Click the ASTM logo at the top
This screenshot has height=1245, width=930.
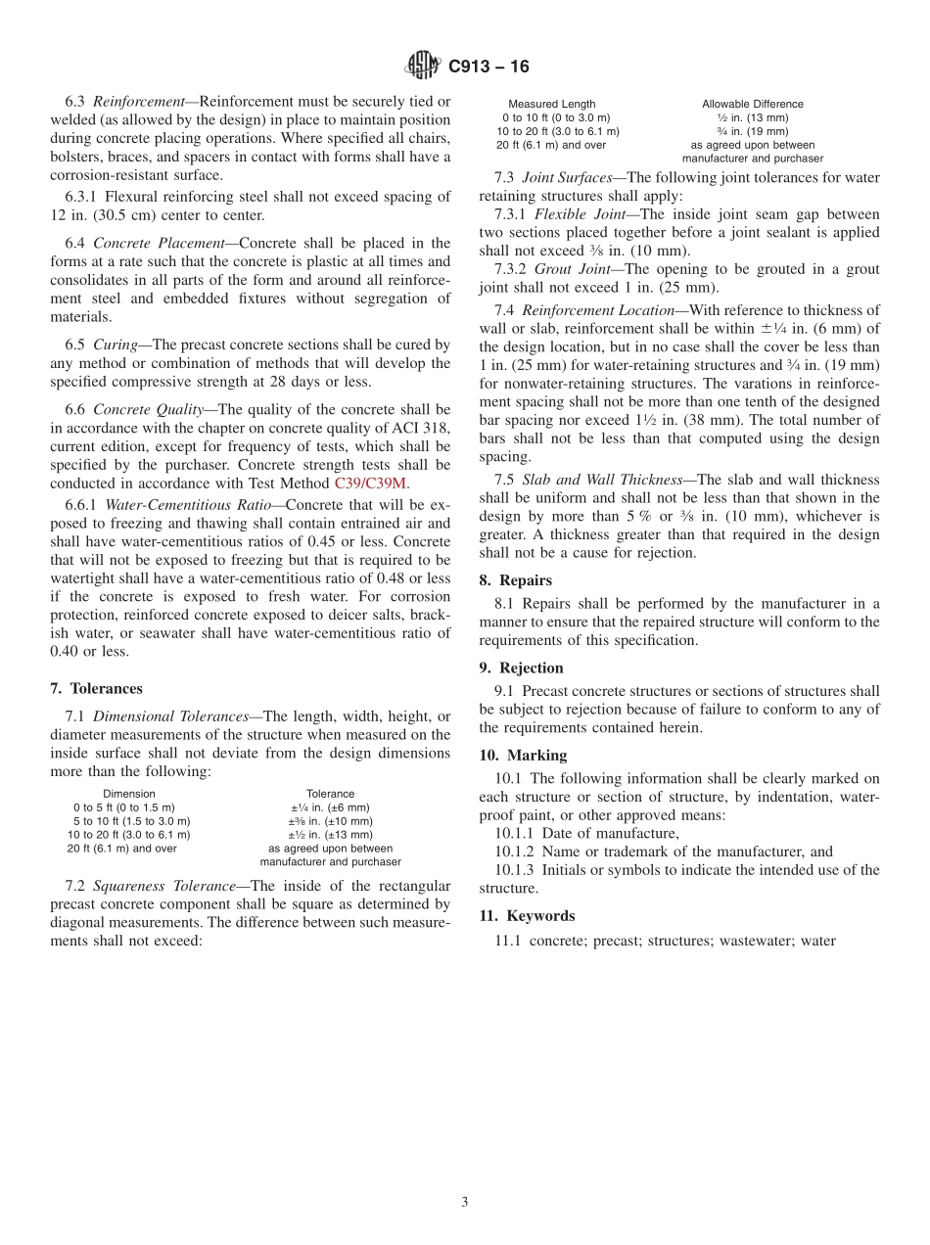(x=423, y=67)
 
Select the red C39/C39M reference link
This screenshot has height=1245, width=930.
(x=372, y=483)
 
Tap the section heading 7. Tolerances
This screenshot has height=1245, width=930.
(x=96, y=689)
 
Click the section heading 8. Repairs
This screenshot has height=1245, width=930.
(x=515, y=580)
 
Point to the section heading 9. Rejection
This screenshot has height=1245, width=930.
(x=521, y=668)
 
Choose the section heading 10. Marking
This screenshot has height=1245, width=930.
(x=523, y=756)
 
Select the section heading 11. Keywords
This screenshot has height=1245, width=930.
(x=527, y=916)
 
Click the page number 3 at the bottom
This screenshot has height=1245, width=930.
(x=465, y=1202)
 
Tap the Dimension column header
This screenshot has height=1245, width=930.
(x=129, y=794)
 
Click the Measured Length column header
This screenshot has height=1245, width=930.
(x=551, y=104)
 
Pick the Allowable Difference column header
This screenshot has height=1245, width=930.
(x=752, y=104)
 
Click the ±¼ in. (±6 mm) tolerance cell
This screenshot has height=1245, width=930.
(x=330, y=807)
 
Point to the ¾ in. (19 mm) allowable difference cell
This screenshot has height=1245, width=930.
(x=752, y=131)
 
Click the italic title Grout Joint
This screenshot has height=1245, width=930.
(x=567, y=269)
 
